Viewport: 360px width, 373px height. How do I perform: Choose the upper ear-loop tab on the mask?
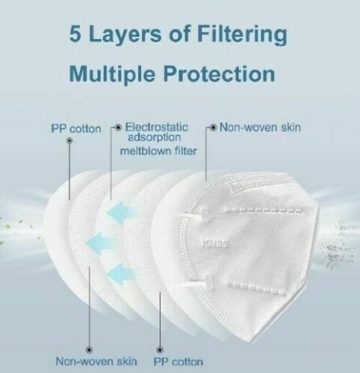pyautogui.click(x=200, y=212)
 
